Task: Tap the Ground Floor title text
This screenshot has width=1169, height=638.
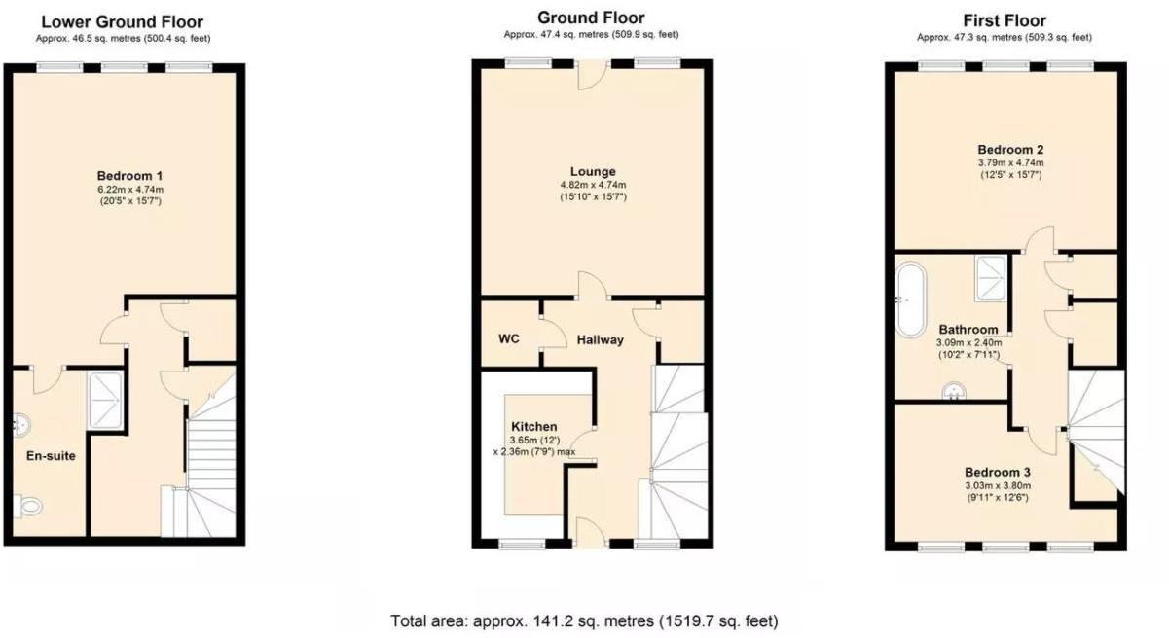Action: pyautogui.click(x=591, y=18)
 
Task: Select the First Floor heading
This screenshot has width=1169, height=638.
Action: pyautogui.click(x=1005, y=20)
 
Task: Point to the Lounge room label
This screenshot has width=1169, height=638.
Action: pyautogui.click(x=593, y=171)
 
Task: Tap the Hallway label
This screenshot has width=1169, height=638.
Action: pyautogui.click(x=600, y=339)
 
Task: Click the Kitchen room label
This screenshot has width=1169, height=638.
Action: pyautogui.click(x=534, y=426)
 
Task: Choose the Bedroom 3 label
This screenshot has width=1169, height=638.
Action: pyautogui.click(x=998, y=472)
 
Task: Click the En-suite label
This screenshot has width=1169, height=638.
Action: pyautogui.click(x=51, y=454)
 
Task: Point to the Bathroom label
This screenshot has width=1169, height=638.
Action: pyautogui.click(x=968, y=329)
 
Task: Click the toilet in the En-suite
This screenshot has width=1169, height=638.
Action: pyautogui.click(x=29, y=506)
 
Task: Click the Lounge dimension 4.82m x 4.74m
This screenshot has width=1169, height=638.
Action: pyautogui.click(x=593, y=185)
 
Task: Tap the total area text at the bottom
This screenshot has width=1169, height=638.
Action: pyautogui.click(x=584, y=620)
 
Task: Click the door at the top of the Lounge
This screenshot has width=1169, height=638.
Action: pyautogui.click(x=592, y=73)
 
